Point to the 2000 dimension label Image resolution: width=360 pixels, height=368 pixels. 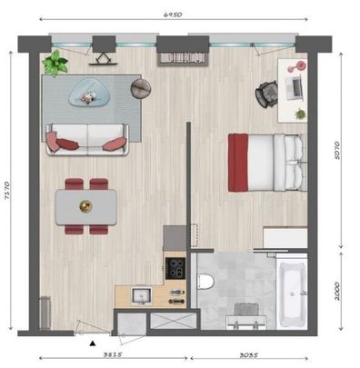(339, 291)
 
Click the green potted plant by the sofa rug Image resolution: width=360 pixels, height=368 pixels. (56, 63)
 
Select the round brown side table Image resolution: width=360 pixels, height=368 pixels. (141, 88)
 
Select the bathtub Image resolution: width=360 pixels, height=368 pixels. (294, 293)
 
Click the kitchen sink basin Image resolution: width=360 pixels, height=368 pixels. (141, 295)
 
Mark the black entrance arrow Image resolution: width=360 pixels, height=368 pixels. (91, 343)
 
